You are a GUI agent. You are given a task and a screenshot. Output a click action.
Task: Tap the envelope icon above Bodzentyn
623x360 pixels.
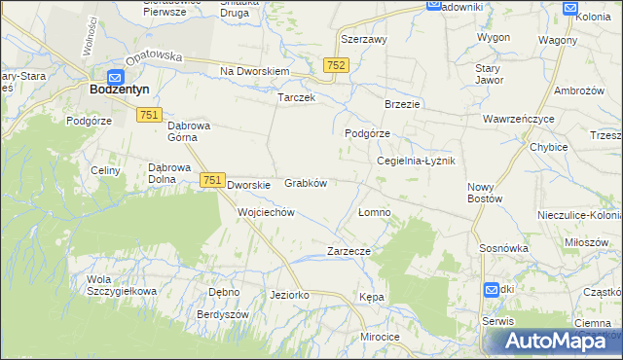116,77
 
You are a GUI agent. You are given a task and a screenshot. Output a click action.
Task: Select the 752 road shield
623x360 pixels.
336,64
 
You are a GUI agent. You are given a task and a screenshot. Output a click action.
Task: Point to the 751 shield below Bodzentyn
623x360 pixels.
149,115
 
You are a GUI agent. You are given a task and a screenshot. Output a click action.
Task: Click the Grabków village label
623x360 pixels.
305,182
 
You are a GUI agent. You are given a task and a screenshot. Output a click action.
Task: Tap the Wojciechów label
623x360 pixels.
266,211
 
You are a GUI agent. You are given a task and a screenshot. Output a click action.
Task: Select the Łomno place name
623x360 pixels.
374,212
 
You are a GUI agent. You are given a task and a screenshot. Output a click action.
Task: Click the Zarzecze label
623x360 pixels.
349,250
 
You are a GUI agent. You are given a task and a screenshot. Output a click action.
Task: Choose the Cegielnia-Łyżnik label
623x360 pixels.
416,161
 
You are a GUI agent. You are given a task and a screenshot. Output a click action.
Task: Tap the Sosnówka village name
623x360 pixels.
503,248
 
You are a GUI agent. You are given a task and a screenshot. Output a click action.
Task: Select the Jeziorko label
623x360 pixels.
289,294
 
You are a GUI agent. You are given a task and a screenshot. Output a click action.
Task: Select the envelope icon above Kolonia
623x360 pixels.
571,8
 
